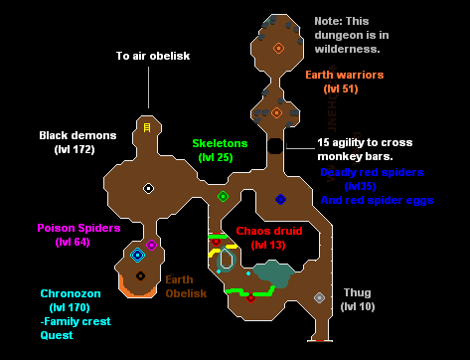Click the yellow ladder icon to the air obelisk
coord(147,127)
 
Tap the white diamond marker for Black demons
coord(148,188)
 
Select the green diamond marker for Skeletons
coord(223,196)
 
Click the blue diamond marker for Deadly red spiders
coord(280,199)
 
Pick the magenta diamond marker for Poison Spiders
coord(151,245)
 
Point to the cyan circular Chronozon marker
coord(137,256)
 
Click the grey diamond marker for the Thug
coord(319,297)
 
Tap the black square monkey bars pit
coord(274,146)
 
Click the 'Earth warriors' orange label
coord(343,75)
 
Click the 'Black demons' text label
coord(78,134)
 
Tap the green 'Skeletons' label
coord(220,143)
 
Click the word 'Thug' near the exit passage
coord(357,292)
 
